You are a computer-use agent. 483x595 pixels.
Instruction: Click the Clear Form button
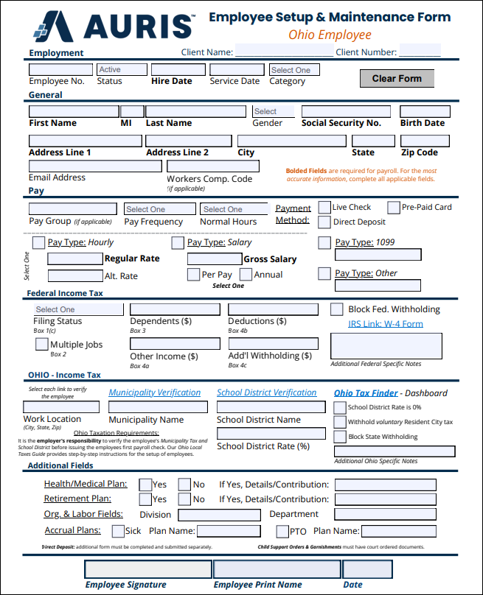click(x=397, y=78)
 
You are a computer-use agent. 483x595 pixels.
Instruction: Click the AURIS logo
click(x=114, y=27)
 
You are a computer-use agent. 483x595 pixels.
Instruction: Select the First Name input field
click(x=74, y=111)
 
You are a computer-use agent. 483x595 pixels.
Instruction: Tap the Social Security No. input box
click(x=345, y=111)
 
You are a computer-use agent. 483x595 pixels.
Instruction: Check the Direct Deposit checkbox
click(x=324, y=222)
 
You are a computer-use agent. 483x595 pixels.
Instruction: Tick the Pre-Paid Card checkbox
click(x=394, y=208)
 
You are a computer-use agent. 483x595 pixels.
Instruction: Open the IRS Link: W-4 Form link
click(x=386, y=324)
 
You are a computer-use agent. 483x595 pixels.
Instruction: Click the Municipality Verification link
click(x=155, y=392)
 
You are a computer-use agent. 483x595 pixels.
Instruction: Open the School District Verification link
click(x=266, y=392)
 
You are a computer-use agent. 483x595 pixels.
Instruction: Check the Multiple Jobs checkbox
click(x=42, y=344)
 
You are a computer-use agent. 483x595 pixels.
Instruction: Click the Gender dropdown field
click(x=273, y=111)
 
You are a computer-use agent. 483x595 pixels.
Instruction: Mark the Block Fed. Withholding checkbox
click(x=336, y=309)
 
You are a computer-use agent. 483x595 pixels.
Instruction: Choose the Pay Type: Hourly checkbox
click(x=38, y=242)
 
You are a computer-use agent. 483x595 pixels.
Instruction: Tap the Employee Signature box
click(x=147, y=569)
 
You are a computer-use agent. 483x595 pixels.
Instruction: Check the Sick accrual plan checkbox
click(x=118, y=531)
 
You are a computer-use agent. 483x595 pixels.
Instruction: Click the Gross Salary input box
click(x=214, y=258)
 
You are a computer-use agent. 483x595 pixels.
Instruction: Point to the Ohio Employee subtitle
click(x=330, y=35)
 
